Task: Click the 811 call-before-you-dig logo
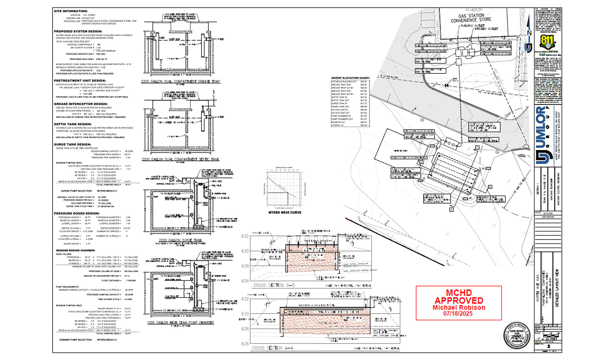point(548,42)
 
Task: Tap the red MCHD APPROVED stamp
point(459,303)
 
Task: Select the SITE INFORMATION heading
point(70,11)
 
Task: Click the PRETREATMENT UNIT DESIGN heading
point(80,80)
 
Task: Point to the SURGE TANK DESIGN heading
point(72,144)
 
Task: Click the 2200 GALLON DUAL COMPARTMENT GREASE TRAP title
point(181,81)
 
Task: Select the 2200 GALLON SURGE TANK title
point(181,240)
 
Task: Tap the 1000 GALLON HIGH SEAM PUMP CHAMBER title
point(181,322)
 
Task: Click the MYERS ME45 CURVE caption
point(285,213)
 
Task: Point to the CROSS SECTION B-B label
point(274,285)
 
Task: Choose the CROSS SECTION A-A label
point(272,348)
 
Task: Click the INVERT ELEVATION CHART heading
point(350,78)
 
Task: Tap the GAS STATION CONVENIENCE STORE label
point(471,18)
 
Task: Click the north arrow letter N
point(529,33)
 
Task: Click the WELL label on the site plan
point(522,155)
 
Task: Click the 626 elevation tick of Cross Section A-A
point(245,344)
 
